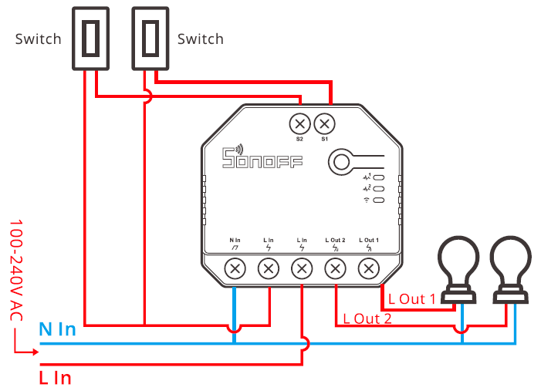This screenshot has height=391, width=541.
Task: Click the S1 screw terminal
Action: (x=325, y=123)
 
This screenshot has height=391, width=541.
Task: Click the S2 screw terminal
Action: (x=299, y=123)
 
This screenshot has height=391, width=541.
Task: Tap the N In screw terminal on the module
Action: (x=235, y=268)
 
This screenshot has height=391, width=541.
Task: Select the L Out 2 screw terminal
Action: (x=335, y=268)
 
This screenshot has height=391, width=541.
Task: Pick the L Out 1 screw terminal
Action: (x=369, y=268)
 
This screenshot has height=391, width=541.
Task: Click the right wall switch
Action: (x=150, y=38)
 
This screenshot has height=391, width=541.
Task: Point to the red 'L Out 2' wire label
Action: (x=367, y=318)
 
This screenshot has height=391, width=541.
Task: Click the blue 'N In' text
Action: (x=58, y=330)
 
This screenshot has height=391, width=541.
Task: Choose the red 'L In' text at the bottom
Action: (x=55, y=378)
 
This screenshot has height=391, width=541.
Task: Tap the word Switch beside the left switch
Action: (x=38, y=39)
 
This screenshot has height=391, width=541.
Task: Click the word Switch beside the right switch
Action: (x=201, y=39)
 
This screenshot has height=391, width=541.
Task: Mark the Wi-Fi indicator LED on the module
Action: (x=379, y=201)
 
